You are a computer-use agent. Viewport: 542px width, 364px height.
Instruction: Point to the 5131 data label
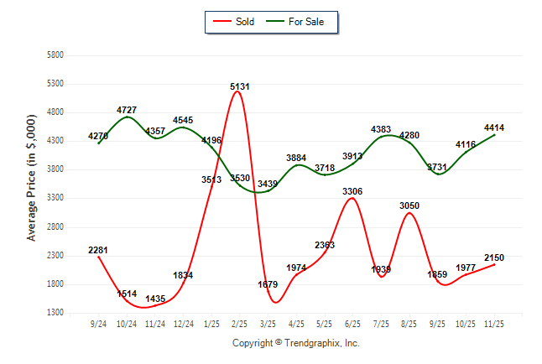[240, 86]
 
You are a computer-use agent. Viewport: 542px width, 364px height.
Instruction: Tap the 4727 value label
[127, 110]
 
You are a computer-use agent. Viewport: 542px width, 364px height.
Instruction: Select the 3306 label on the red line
[353, 191]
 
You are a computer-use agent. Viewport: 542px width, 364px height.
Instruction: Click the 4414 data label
[494, 127]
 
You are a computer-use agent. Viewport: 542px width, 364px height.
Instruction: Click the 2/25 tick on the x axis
[240, 324]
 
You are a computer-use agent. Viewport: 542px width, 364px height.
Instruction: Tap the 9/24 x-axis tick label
[98, 324]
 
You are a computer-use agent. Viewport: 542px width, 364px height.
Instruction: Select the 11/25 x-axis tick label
[494, 324]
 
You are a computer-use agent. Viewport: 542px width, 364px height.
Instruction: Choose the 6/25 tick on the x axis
[353, 324]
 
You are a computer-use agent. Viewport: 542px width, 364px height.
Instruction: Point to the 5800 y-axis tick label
[55, 55]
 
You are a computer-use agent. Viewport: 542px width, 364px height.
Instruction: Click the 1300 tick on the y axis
[55, 313]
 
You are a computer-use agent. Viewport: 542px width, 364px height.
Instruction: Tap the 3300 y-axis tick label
[55, 199]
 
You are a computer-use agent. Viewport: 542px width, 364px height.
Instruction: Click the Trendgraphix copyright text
[295, 343]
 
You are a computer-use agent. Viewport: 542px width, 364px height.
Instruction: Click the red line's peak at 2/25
[240, 92]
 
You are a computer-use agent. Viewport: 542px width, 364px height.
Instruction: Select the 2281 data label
[98, 250]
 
